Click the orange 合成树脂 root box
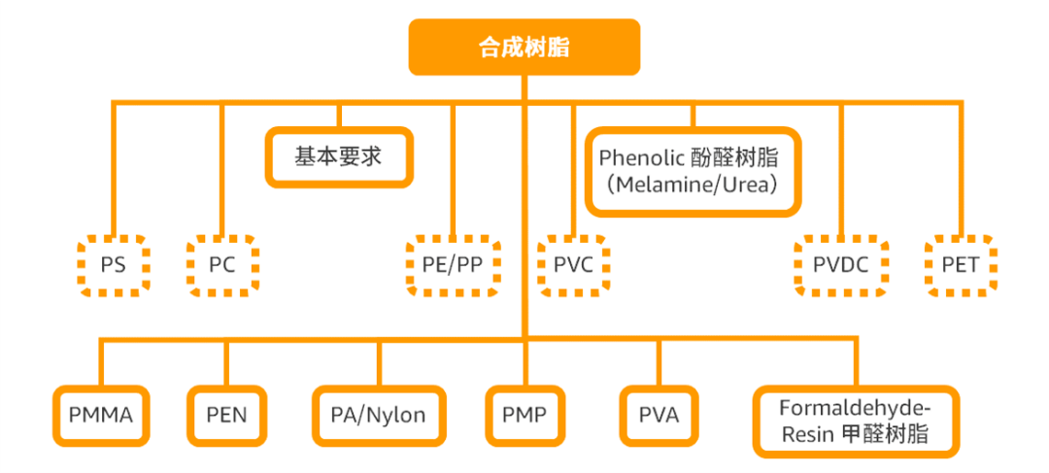(x=524, y=47)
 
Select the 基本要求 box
(x=339, y=157)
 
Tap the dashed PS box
(x=113, y=265)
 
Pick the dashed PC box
(x=222, y=265)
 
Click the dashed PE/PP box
(x=453, y=265)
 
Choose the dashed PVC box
(x=573, y=265)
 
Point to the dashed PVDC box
(x=841, y=265)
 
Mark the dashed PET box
(x=961, y=265)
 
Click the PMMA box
(x=101, y=415)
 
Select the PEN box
(x=226, y=415)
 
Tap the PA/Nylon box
(x=379, y=415)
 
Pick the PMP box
(x=524, y=415)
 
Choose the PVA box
(x=659, y=415)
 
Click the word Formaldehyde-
(x=856, y=408)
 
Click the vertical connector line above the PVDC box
(x=841, y=169)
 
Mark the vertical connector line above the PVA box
(x=660, y=362)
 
